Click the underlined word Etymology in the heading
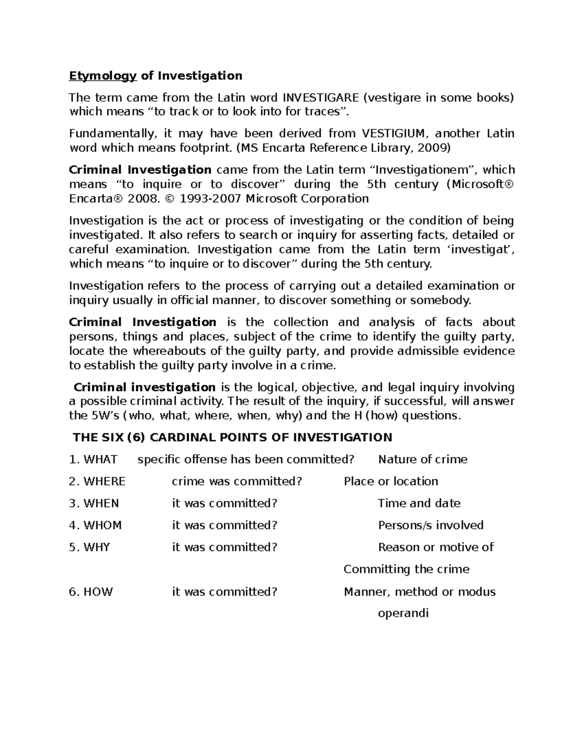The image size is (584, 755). (103, 76)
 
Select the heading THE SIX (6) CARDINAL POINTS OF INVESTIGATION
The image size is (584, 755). (232, 438)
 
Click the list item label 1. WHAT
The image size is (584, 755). (93, 459)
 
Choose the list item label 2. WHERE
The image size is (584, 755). (97, 481)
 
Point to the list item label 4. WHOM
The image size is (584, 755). (95, 526)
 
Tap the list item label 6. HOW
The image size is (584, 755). (91, 592)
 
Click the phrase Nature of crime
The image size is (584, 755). (422, 459)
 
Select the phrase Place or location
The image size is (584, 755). (391, 481)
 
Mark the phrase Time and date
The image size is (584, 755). (419, 503)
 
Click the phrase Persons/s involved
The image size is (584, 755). (431, 526)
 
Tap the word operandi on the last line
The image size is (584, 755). (403, 613)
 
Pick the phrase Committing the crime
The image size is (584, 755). (406, 569)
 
